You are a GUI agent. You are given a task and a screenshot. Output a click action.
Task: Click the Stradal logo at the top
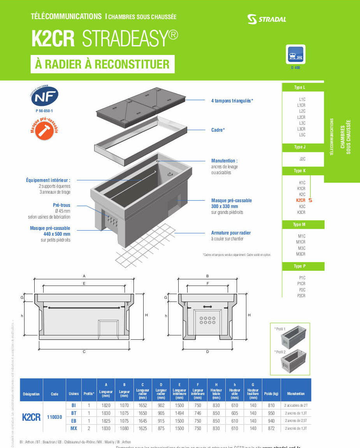(x=266, y=19)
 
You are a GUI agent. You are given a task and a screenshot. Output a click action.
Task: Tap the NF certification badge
(x=44, y=97)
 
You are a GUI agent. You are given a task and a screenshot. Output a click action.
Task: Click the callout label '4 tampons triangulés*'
(x=232, y=101)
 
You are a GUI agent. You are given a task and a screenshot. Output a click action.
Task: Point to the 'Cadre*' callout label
(x=218, y=130)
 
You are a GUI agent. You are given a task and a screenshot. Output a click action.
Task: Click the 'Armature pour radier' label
(x=231, y=233)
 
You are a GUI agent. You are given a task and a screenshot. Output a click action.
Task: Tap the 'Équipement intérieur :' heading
(x=48, y=180)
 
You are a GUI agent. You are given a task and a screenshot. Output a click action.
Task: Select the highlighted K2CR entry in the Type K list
(x=301, y=200)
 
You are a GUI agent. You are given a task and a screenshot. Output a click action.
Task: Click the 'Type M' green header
(x=299, y=224)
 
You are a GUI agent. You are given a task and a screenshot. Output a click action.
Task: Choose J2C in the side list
(x=302, y=159)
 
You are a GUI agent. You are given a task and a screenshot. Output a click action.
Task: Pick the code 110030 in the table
(x=54, y=417)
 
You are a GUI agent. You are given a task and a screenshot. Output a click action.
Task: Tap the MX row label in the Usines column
(x=74, y=428)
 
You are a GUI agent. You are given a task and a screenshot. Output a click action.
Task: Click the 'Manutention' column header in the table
(x=296, y=393)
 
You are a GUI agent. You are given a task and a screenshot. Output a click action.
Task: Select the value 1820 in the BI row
(x=105, y=406)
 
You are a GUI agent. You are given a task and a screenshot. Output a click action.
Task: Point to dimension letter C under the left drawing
(x=84, y=352)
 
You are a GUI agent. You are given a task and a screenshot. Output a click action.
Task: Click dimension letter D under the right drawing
(x=207, y=352)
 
